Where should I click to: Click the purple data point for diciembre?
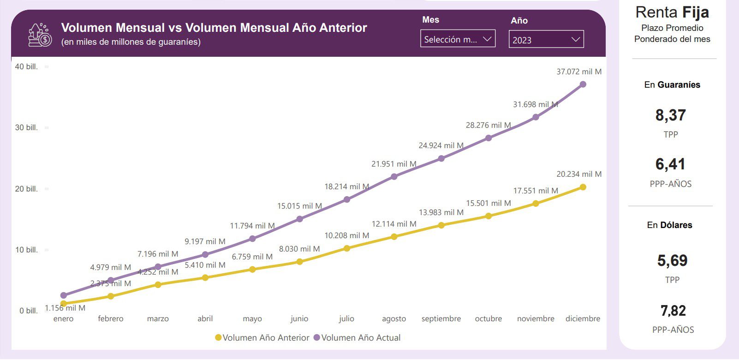coord(583,84)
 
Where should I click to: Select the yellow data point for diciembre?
coord(583,187)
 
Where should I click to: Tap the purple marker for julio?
coord(347,199)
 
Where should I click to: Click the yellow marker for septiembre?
coord(441,225)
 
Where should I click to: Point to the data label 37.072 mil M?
coord(579,72)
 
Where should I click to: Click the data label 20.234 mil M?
coord(579,174)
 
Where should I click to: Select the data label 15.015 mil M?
coord(299,206)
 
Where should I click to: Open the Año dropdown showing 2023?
coord(546,40)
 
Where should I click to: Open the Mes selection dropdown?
coord(458,39)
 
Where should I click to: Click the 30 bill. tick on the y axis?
coord(26,128)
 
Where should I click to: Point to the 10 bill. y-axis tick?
coord(26,250)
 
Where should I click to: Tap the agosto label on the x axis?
coord(394,319)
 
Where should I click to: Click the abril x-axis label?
coord(205,319)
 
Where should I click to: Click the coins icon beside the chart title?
coord(40,35)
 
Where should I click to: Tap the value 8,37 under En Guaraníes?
coord(671,115)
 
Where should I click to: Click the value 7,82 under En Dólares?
coord(673,311)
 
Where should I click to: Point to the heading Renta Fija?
coord(672,12)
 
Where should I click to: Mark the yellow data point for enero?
coord(63,304)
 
